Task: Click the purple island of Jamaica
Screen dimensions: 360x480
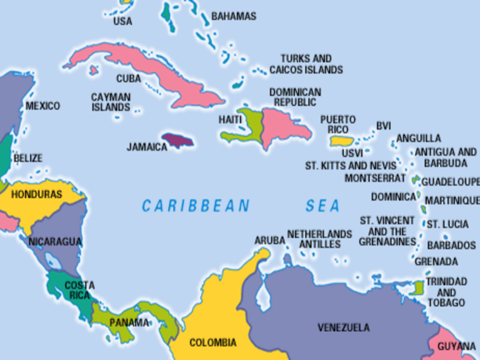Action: [177, 139]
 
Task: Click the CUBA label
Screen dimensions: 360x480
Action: [128, 79]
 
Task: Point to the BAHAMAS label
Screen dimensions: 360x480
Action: [234, 16]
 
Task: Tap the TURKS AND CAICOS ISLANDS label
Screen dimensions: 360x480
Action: [306, 64]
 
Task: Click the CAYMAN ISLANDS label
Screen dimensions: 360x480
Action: [111, 102]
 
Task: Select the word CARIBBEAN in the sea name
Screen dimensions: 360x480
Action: [195, 206]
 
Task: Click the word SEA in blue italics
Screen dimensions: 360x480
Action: [322, 206]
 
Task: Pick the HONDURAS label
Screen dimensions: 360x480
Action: [37, 194]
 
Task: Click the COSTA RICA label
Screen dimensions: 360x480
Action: [79, 290]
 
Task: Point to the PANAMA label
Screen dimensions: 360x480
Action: [129, 322]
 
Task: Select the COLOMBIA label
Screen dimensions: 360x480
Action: [213, 342]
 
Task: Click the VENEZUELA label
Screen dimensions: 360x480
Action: [343, 327]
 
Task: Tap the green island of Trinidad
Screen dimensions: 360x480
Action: [419, 288]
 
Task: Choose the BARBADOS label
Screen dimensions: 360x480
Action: [451, 245]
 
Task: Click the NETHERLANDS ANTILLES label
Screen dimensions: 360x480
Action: [319, 238]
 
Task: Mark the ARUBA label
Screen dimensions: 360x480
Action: [269, 240]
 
